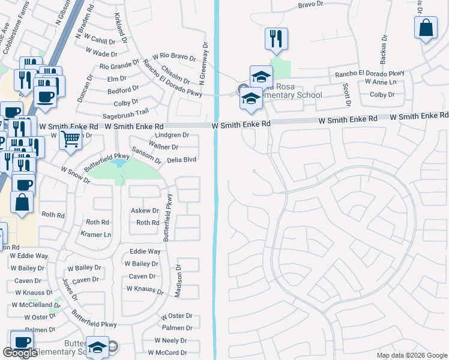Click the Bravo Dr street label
click(x=311, y=5)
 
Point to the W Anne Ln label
click(x=376, y=82)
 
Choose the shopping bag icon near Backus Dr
click(x=426, y=28)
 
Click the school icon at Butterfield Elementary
click(x=97, y=347)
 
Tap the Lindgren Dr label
click(x=172, y=136)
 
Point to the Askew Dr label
click(x=145, y=211)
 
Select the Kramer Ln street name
click(x=96, y=235)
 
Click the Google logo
click(x=20, y=352)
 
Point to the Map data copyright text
click(x=412, y=355)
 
